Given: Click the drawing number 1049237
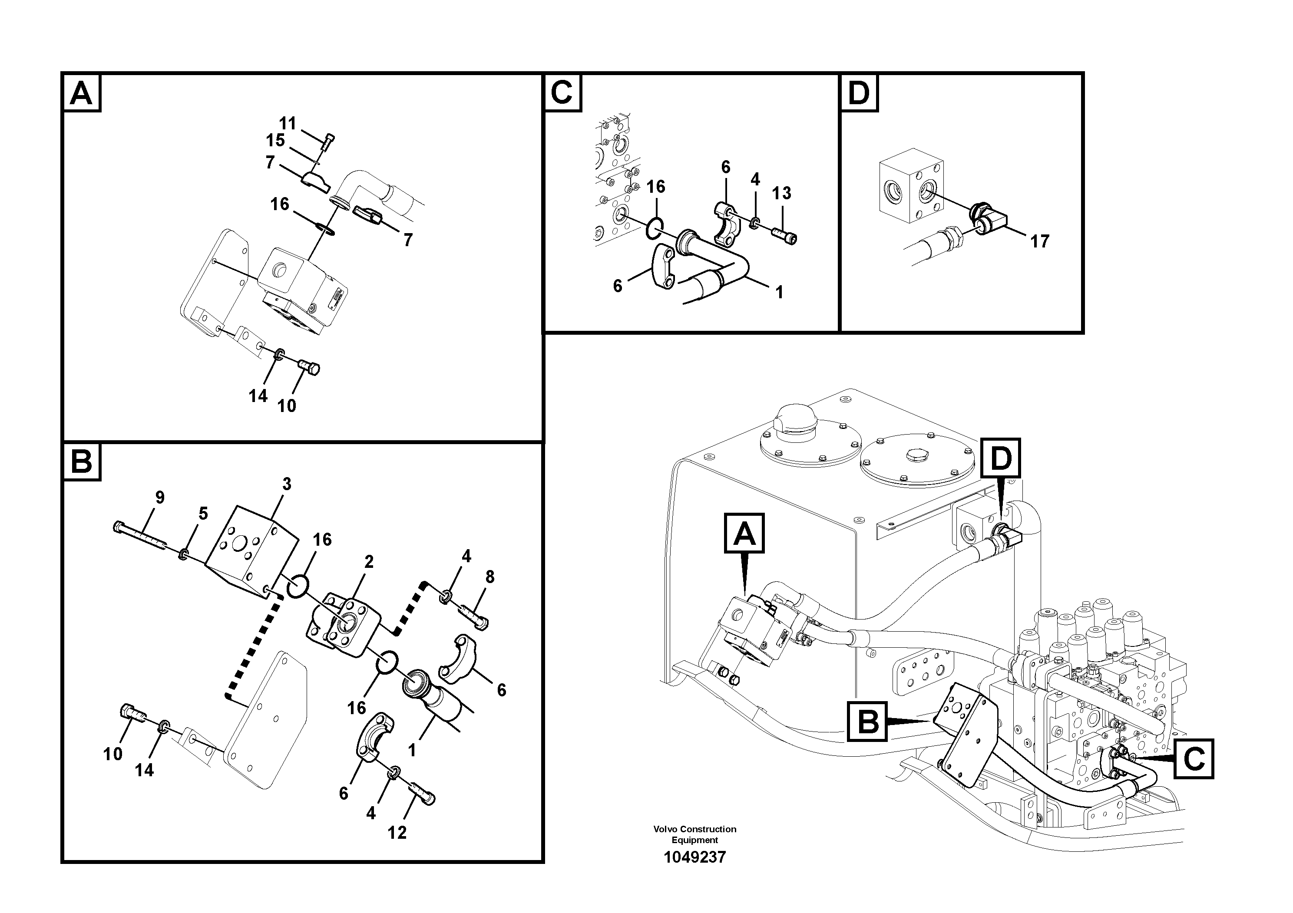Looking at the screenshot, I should [694, 857].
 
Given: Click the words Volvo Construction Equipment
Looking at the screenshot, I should [694, 834].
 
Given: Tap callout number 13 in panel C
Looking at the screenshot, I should [781, 193].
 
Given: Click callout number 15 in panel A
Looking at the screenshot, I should [275, 140].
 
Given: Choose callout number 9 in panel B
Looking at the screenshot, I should [160, 497].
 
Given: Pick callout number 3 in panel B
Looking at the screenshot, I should [287, 484].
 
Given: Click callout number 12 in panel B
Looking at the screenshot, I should [397, 833].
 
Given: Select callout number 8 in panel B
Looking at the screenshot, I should [490, 577].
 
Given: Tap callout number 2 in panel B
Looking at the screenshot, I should [369, 561].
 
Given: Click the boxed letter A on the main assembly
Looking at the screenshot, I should [744, 533].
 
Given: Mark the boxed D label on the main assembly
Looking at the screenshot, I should [1000, 459].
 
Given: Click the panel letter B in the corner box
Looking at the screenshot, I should [82, 461].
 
